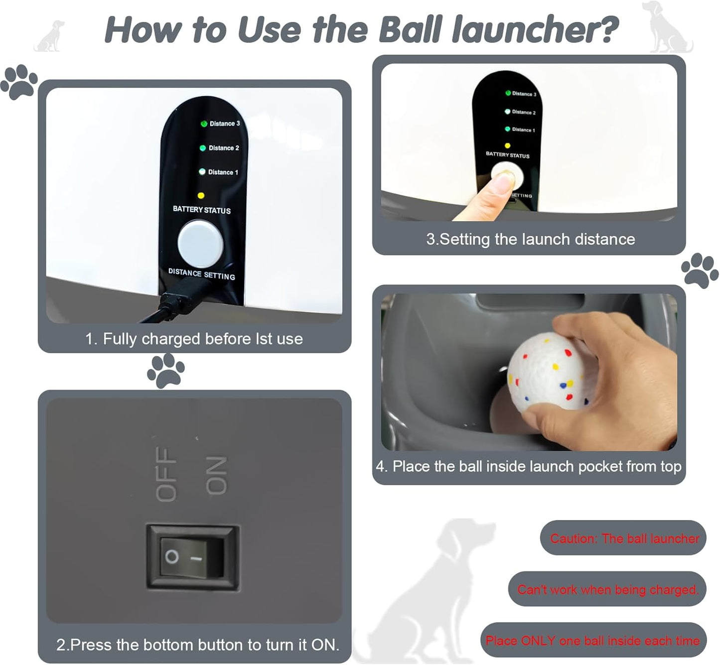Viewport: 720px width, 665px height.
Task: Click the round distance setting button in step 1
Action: (x=200, y=244)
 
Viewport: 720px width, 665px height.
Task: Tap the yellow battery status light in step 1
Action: (x=201, y=196)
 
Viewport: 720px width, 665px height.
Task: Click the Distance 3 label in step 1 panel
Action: (x=224, y=124)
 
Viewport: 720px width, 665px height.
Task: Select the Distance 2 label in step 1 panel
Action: (x=223, y=148)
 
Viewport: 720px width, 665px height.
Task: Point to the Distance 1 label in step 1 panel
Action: (x=223, y=172)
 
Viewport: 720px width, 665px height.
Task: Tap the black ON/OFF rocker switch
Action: (x=192, y=556)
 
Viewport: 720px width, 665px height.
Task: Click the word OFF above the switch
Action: (x=166, y=473)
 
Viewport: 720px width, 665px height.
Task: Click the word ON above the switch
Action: (x=216, y=476)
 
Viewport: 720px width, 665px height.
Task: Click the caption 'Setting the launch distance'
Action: (x=530, y=240)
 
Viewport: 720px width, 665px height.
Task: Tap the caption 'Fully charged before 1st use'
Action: (x=194, y=339)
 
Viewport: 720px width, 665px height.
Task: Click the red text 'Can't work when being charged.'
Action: (x=607, y=590)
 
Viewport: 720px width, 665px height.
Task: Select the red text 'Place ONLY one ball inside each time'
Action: (x=592, y=641)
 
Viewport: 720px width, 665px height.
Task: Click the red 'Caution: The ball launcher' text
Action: (x=624, y=538)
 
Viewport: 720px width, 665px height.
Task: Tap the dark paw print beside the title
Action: (x=19, y=81)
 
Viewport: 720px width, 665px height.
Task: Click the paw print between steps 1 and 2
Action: (x=166, y=370)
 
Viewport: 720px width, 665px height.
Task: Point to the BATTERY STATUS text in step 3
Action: (x=507, y=155)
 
